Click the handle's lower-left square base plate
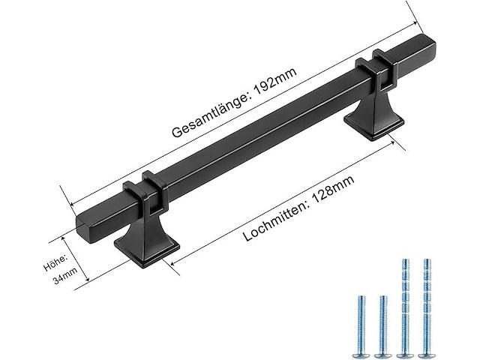click(x=147, y=252)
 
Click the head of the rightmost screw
click(x=427, y=350)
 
